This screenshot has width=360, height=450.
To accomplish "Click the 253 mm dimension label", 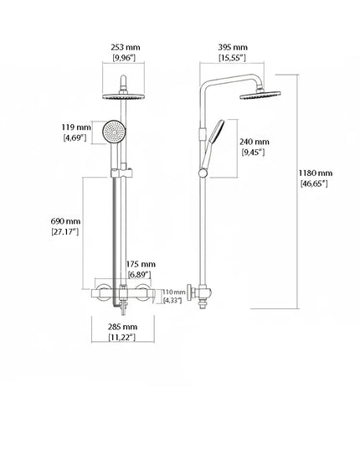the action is point(126,48).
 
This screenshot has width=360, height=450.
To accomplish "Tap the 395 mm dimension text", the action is point(233,48).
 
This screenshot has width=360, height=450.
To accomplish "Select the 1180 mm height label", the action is point(316,173).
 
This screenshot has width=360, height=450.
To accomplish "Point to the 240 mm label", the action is point(255,142).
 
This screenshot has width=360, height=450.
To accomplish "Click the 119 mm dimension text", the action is point(76,127).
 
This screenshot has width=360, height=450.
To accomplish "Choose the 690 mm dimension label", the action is point(65,221).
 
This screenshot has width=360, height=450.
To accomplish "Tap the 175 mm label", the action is point(141,264).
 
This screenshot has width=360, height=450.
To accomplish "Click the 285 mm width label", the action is point(122,327).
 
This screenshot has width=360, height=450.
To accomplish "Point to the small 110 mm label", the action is point(174,292).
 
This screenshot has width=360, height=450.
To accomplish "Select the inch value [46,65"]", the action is point(314,184).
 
